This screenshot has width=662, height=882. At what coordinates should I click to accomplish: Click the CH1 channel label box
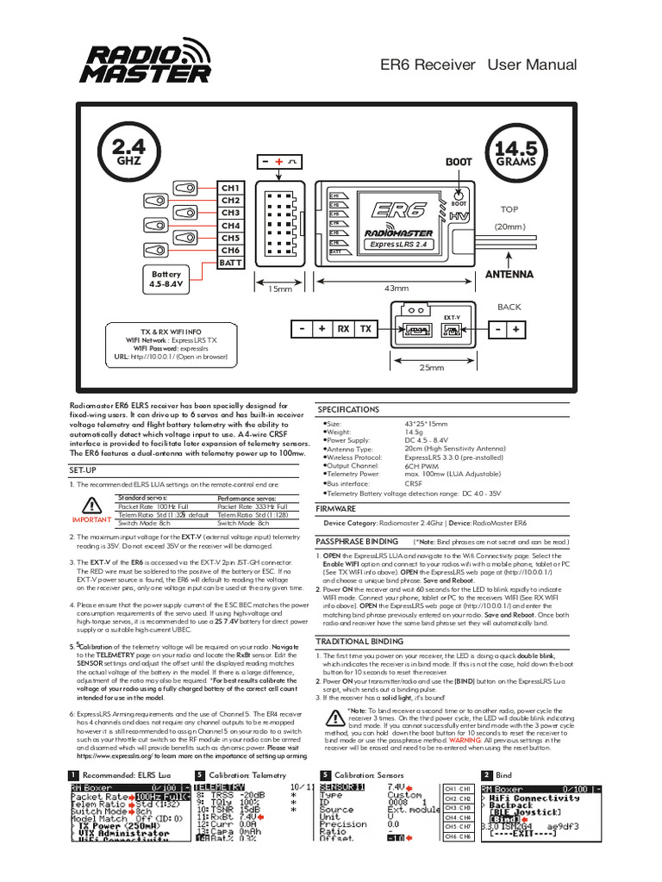tap(230, 188)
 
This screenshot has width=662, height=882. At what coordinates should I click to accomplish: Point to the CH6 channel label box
tap(230, 251)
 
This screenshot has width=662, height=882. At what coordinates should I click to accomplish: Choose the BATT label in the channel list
tap(230, 263)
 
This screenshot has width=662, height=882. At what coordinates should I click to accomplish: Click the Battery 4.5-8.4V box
tap(166, 278)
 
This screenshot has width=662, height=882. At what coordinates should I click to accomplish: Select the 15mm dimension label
tap(279, 289)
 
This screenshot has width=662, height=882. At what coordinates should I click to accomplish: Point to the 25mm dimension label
tap(431, 368)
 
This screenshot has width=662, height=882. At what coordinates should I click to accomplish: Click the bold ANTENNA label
tap(509, 275)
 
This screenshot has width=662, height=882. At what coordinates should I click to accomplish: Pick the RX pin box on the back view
tap(343, 329)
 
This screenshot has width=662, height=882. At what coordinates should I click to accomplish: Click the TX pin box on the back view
tap(365, 329)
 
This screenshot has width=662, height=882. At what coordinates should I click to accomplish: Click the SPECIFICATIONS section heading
tap(349, 410)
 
